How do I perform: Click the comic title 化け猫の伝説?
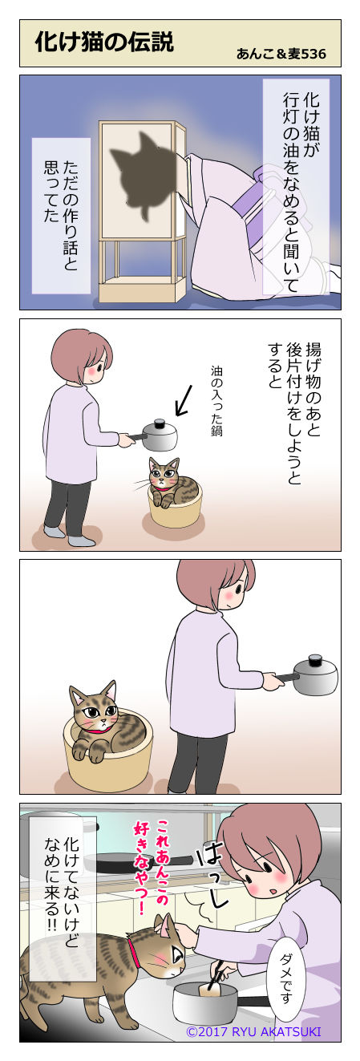click(x=104, y=43)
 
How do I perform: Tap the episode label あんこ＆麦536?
click(x=281, y=54)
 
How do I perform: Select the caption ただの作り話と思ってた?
click(x=61, y=216)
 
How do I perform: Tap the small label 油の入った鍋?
click(x=216, y=401)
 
